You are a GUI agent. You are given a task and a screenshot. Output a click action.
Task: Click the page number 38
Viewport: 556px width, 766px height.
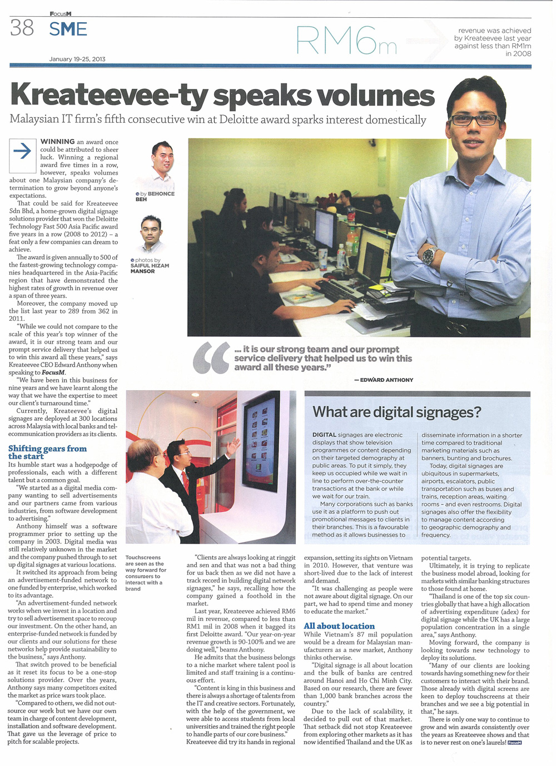coord(22,28)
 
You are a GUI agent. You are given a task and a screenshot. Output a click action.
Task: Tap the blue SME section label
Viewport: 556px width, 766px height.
coord(68,29)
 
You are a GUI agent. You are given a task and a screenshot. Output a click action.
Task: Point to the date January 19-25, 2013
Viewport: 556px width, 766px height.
coord(77,59)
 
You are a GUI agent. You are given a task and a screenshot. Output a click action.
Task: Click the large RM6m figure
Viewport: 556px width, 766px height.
coord(346,41)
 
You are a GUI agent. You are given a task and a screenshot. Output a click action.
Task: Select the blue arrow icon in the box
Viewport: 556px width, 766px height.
coord(23,151)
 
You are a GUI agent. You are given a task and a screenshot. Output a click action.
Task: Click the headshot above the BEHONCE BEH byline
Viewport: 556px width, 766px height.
coord(162,165)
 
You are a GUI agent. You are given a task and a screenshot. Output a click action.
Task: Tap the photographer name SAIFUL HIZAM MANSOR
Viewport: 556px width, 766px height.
coord(149,268)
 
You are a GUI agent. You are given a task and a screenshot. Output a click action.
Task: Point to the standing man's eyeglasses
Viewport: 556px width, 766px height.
coord(474,119)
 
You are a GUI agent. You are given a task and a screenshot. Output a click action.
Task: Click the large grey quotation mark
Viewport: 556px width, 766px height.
coord(211,358)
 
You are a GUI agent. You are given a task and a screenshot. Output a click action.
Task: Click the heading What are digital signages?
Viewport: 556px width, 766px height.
coord(396,412)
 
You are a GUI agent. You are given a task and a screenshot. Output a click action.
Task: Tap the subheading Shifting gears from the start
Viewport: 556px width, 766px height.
coord(47,452)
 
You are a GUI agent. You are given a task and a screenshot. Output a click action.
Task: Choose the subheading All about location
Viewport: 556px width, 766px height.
coord(339,626)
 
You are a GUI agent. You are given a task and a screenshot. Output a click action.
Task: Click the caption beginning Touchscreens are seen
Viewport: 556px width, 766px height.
coord(145,573)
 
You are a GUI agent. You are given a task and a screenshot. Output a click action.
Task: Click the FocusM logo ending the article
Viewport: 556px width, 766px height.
coord(515,743)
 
